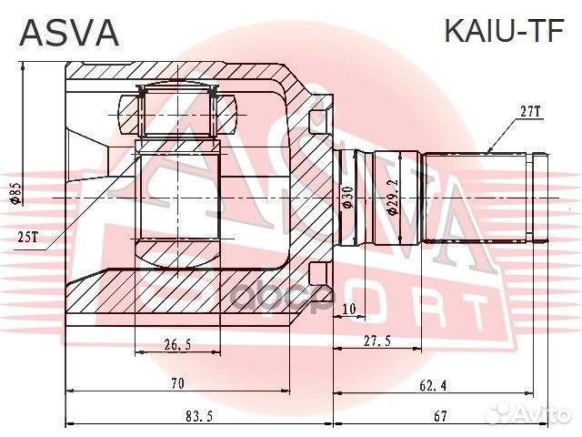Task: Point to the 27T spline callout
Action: pyautogui.click(x=530, y=112)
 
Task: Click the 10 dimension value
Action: pyautogui.click(x=349, y=310)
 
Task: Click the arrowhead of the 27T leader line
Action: pyautogui.click(x=488, y=151)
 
